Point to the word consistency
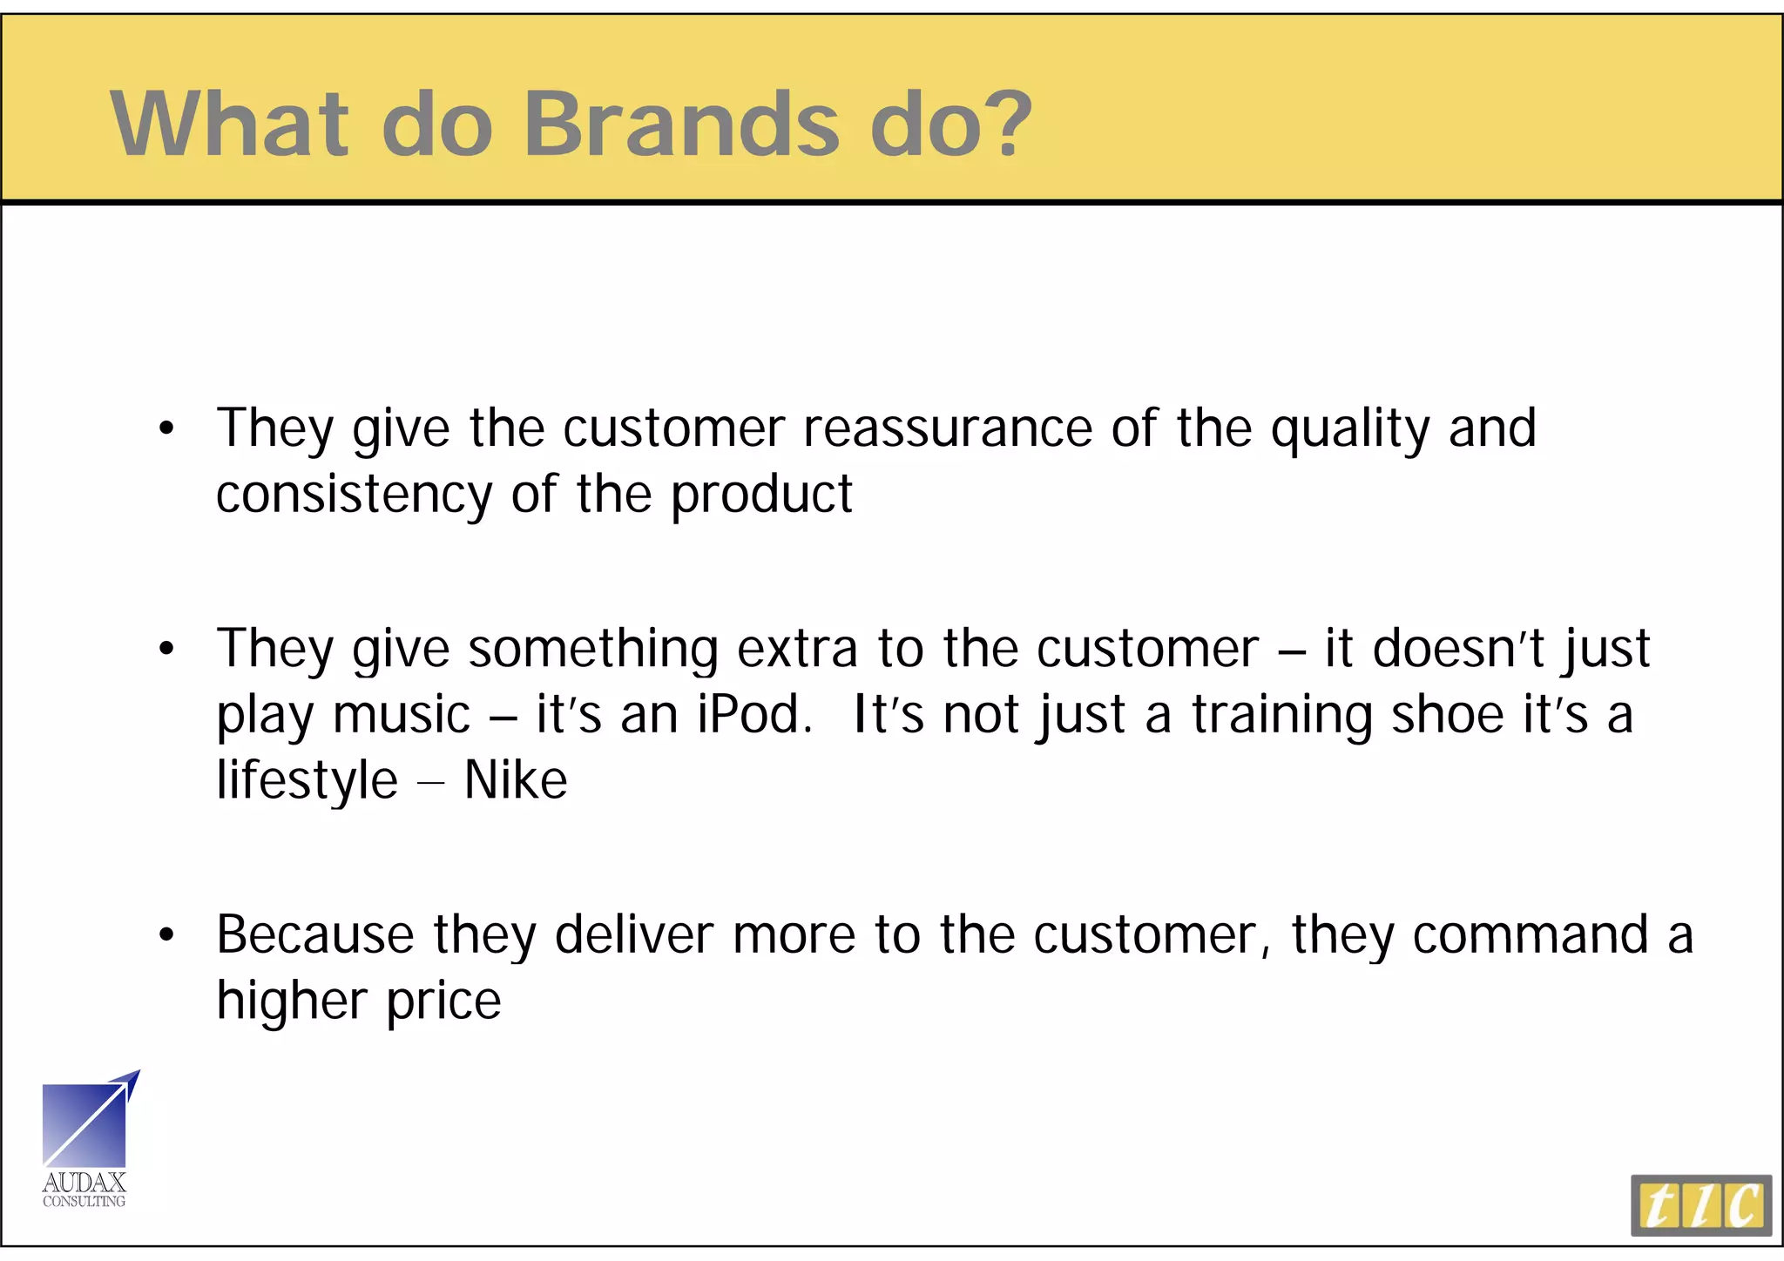354,496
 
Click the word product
761,496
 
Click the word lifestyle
307,781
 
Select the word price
444,1001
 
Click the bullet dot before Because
166,935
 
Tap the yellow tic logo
1700,1205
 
